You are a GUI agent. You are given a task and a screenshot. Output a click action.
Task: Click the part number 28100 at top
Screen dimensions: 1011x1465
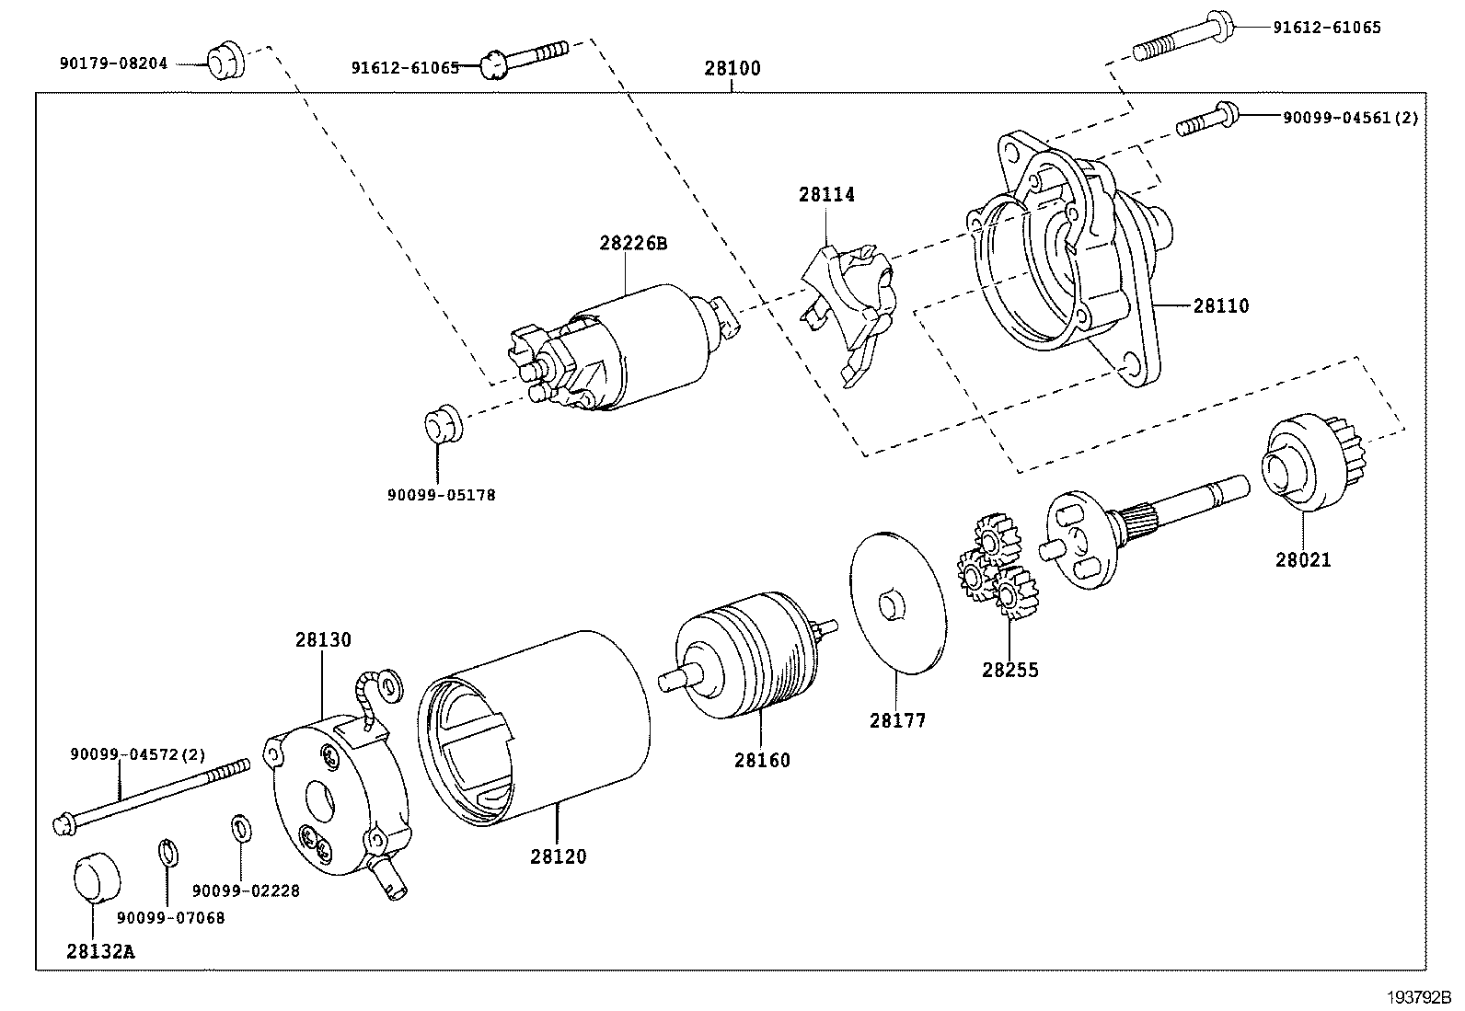[732, 68]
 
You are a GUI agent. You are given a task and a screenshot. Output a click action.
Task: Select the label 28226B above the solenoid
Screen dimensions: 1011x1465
[632, 244]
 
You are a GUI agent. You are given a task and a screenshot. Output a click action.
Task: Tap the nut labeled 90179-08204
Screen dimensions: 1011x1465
[224, 62]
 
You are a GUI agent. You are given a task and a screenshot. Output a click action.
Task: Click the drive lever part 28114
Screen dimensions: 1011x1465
[848, 304]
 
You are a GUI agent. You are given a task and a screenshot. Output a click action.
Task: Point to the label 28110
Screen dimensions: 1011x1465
[1221, 305]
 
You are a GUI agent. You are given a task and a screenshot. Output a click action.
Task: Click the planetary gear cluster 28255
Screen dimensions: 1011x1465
[996, 570]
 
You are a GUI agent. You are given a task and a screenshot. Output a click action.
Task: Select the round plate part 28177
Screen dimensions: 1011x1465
[898, 603]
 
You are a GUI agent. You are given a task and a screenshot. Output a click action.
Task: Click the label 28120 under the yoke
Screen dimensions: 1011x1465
[558, 856]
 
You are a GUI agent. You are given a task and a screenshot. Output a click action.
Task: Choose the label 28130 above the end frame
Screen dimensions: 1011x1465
[323, 639]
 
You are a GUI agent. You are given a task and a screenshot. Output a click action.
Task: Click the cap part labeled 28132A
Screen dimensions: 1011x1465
[96, 878]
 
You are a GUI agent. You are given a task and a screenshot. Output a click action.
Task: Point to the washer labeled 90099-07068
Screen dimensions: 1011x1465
[167, 853]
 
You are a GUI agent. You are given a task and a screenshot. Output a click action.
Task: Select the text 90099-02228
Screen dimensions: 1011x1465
[246, 890]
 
